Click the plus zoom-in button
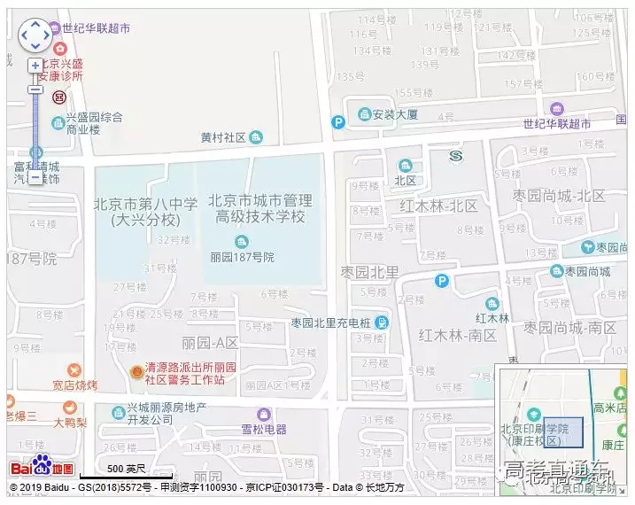(35, 66)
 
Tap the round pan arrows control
(35, 35)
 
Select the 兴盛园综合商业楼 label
(87, 123)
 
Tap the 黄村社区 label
(223, 137)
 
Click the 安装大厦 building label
(389, 114)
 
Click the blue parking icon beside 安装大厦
(338, 122)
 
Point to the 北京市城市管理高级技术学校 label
(260, 208)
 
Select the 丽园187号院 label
(243, 257)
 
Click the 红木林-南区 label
(459, 334)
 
